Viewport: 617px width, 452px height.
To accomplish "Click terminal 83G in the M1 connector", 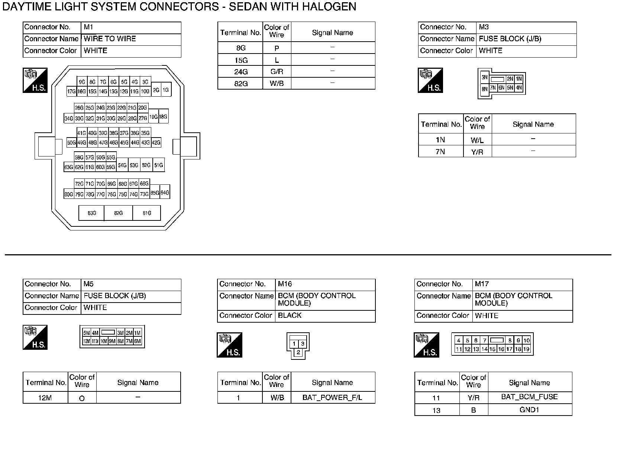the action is point(91,213).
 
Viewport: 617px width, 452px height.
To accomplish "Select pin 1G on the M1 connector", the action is point(165,90).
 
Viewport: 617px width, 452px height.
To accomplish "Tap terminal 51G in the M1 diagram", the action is point(159,165).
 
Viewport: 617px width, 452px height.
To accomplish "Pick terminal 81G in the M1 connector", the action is point(147,213).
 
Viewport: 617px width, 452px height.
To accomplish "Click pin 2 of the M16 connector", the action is point(298,352).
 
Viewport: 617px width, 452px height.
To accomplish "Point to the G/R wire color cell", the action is point(277,72).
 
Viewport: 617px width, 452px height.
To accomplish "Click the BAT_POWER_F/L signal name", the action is point(332,397).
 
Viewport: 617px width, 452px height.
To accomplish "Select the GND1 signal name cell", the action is point(529,410).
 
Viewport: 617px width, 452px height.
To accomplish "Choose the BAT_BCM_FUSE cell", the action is point(529,397).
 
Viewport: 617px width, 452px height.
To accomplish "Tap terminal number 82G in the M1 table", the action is point(240,84).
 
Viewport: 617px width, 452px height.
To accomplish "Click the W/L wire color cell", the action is point(477,140).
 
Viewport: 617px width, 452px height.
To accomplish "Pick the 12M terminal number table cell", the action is point(45,398).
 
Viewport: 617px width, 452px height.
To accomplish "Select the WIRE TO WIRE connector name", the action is point(110,39).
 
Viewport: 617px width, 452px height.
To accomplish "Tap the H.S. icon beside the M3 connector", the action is point(430,80).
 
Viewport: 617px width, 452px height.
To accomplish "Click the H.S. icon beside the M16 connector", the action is point(229,345).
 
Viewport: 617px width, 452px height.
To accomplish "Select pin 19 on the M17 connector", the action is point(526,349).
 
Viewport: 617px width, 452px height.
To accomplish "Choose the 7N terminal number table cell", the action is point(440,152).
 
